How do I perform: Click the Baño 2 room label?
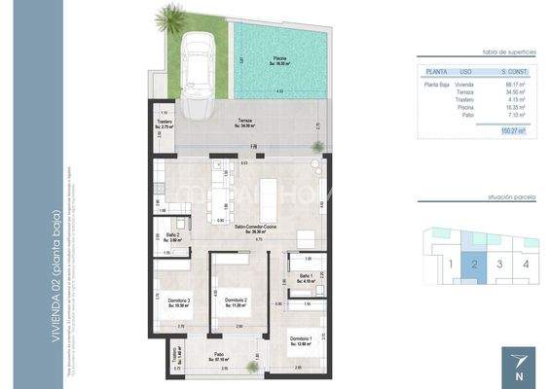click(x=172, y=235)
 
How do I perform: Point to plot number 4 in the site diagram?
click(x=526, y=263)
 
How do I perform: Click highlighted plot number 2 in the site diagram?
click(x=473, y=263)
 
